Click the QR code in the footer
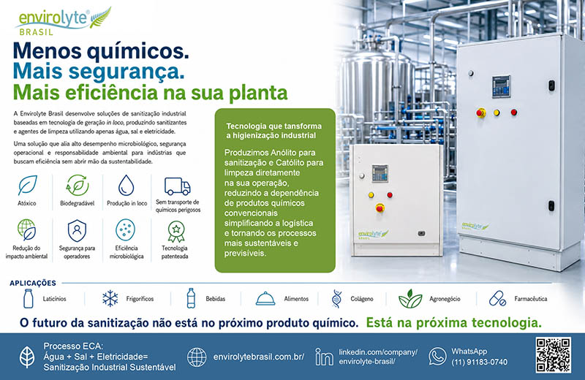[554, 355]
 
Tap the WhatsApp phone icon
[437, 356]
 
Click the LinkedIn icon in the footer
[324, 357]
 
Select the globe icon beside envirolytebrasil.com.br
[197, 357]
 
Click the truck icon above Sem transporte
[177, 186]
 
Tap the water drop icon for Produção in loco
[126, 186]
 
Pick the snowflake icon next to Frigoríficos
[110, 299]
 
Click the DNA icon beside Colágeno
[336, 299]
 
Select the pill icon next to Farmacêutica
[497, 299]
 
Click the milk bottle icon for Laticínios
[28, 298]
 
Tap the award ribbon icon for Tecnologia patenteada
[175, 231]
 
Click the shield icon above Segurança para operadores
[77, 230]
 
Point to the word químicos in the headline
[138, 51]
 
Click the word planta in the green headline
[258, 94]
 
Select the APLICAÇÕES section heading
[33, 283]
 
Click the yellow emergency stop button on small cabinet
[380, 208]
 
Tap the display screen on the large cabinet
[501, 86]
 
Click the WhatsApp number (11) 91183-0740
[480, 362]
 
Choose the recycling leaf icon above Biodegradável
[78, 186]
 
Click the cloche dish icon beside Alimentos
[265, 299]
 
